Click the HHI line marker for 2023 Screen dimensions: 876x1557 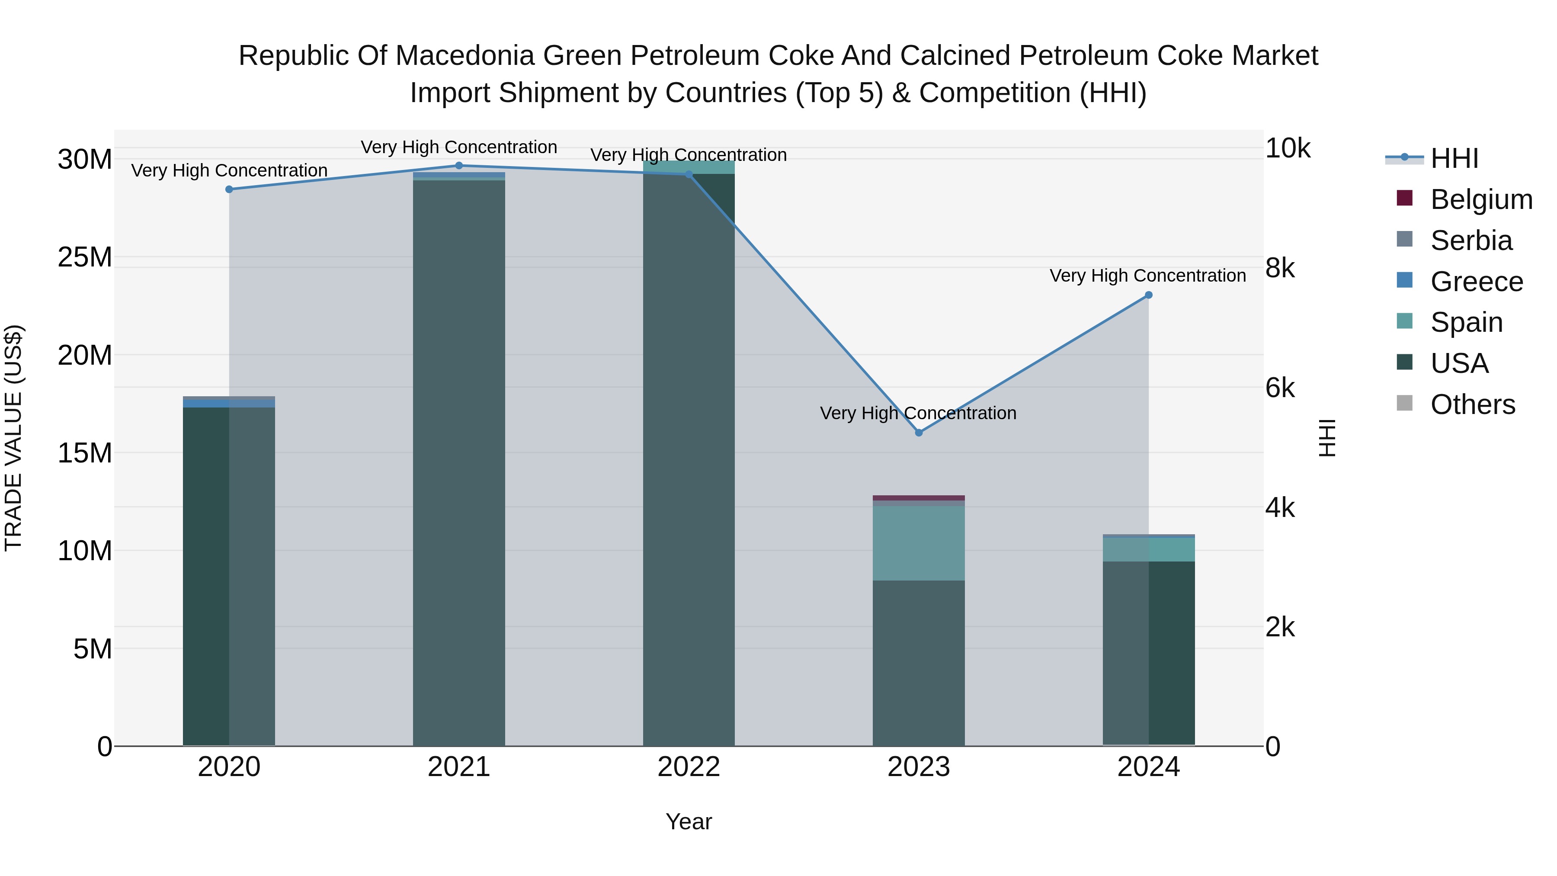coord(919,433)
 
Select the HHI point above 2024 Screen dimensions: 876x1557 coord(1148,295)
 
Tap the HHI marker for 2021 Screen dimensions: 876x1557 coord(459,166)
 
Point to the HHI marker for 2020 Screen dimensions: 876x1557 coord(229,189)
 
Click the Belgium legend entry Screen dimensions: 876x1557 coord(1481,199)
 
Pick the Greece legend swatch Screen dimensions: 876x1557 coord(1405,280)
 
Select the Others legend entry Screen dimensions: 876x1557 coord(1472,404)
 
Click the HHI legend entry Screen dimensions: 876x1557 coord(1454,158)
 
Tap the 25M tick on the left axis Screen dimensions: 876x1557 coord(85,257)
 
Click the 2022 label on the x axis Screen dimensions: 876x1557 coord(689,767)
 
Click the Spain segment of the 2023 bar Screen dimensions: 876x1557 coord(919,543)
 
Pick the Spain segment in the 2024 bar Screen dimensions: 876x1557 coord(1148,549)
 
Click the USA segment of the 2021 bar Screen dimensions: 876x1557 coord(459,459)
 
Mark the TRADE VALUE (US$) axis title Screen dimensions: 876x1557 coord(13,438)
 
